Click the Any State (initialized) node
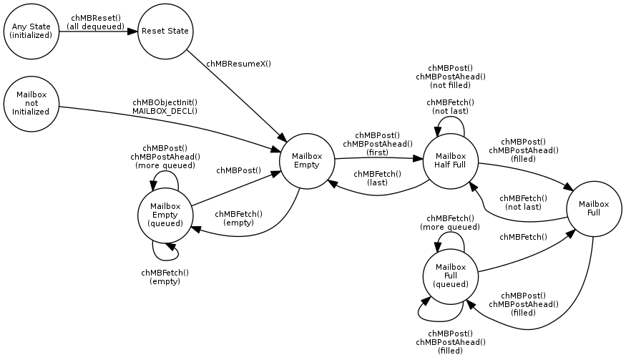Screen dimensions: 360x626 click(x=31, y=31)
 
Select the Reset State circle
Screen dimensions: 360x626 click(x=165, y=31)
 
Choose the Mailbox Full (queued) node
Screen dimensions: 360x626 click(x=450, y=276)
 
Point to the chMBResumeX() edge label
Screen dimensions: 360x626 click(x=238, y=64)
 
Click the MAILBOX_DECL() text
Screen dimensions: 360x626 click(x=165, y=111)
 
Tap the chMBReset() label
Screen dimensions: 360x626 click(x=96, y=18)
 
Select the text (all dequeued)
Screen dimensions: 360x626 click(x=96, y=26)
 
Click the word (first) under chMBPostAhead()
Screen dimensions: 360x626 click(x=377, y=152)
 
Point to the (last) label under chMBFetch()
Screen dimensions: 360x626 click(x=377, y=183)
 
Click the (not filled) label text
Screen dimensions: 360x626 click(x=450, y=84)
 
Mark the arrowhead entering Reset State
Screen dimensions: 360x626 click(x=132, y=31)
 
